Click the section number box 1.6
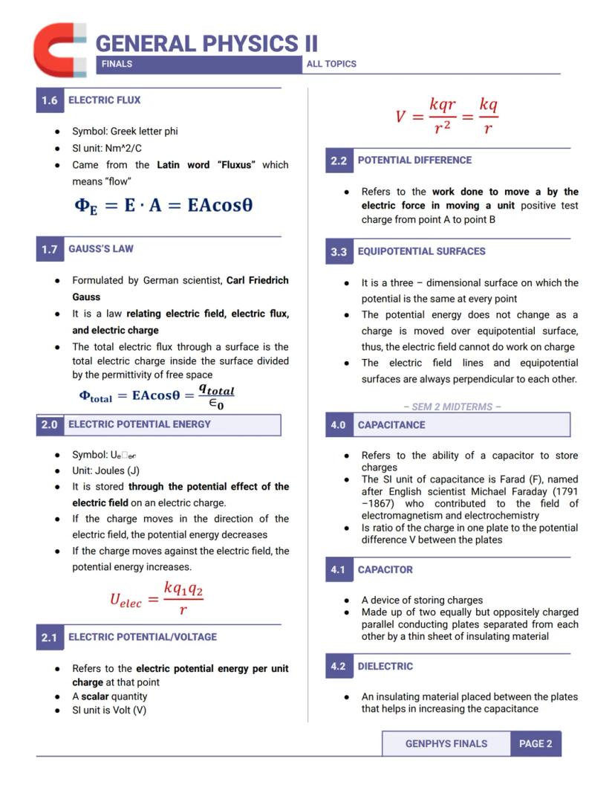coord(49,100)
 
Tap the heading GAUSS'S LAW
coord(101,249)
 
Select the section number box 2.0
coord(49,424)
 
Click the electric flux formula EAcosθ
coord(163,204)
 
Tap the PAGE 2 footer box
coord(536,743)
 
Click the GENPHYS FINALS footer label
coord(446,743)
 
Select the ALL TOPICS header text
coord(331,64)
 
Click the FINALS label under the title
coord(117,64)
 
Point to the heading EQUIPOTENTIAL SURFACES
coord(421,251)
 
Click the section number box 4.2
coord(338,667)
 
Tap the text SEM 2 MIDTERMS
coord(452,407)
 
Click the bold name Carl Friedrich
coord(257,280)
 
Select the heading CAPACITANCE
coord(391,425)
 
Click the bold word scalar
coord(95,696)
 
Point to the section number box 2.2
coord(338,161)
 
